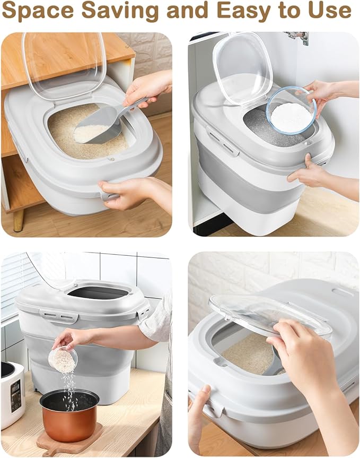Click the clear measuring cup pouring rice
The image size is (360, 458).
tap(63, 359)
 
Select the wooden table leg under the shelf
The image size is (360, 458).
tap(19, 220)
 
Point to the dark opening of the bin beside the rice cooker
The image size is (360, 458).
tap(99, 292)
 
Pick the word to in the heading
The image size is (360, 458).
tap(289, 12)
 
